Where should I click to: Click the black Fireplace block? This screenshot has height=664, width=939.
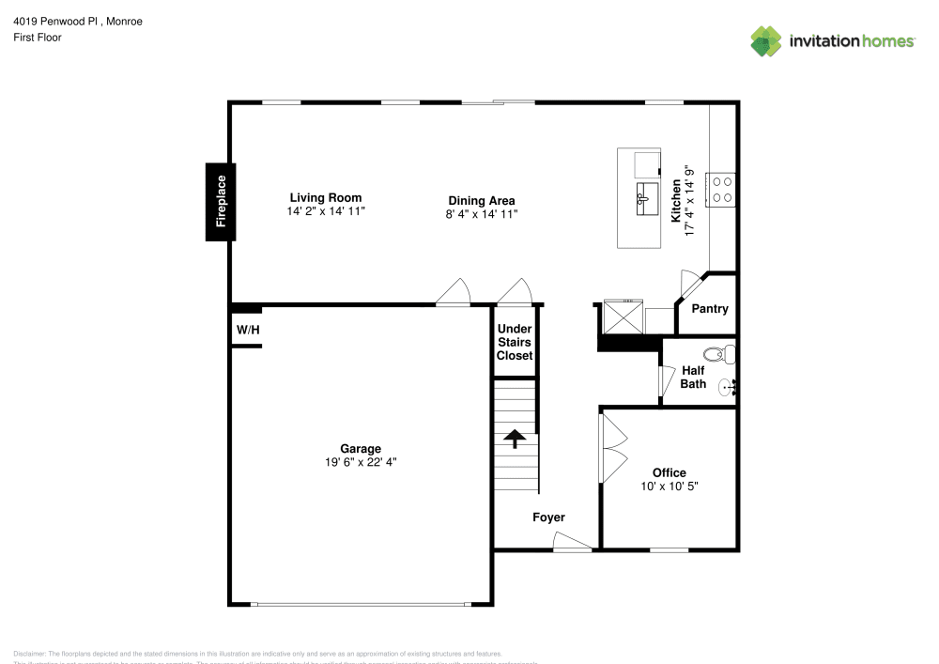pyautogui.click(x=221, y=201)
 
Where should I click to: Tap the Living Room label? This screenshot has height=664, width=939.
pyautogui.click(x=325, y=198)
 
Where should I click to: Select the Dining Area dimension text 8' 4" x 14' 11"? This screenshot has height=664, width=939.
pyautogui.click(x=481, y=214)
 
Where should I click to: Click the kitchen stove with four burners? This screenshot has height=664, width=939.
pyautogui.click(x=721, y=189)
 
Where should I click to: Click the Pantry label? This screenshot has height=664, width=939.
pyautogui.click(x=709, y=309)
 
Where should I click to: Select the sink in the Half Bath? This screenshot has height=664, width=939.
pyautogui.click(x=726, y=386)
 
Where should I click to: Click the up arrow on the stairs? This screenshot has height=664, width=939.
pyautogui.click(x=514, y=439)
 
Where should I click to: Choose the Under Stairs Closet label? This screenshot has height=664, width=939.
pyautogui.click(x=515, y=342)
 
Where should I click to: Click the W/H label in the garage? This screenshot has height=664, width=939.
pyautogui.click(x=247, y=331)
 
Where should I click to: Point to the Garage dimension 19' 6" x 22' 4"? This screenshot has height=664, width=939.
pyautogui.click(x=361, y=462)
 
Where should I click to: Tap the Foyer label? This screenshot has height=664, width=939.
pyautogui.click(x=548, y=517)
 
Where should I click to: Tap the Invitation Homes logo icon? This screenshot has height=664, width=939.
pyautogui.click(x=766, y=40)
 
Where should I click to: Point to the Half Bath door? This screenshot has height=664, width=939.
pyautogui.click(x=669, y=380)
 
